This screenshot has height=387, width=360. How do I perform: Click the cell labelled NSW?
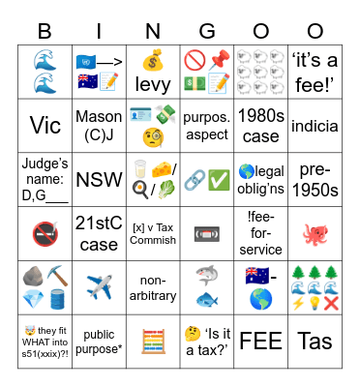(99, 179)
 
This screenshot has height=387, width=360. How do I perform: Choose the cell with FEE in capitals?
(261, 340)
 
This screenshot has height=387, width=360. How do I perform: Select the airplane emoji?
(99, 286)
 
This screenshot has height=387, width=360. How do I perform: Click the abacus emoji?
(153, 340)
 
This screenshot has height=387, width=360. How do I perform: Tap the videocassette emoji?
(207, 232)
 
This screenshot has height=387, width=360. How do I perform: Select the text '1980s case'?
(261, 125)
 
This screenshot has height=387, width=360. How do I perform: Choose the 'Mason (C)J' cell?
(99, 125)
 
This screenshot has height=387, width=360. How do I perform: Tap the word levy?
(153, 85)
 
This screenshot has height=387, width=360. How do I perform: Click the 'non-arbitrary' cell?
(153, 286)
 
